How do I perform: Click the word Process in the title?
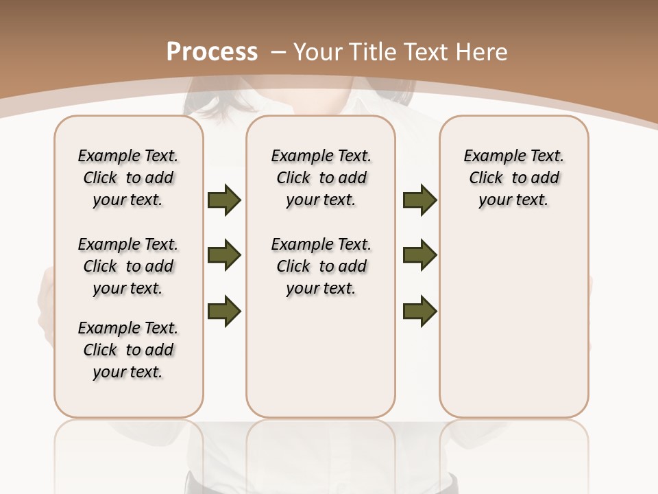212,52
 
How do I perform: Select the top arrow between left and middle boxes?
224,200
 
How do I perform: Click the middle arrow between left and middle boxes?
224,256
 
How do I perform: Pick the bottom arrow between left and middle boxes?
224,311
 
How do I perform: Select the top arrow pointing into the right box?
420,200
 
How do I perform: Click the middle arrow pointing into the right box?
420,256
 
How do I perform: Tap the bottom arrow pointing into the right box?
420,311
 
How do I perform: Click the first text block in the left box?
128,178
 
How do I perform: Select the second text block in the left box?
128,266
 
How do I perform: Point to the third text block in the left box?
128,350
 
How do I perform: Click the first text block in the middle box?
321,178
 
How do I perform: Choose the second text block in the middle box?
321,266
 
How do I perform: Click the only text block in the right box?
514,178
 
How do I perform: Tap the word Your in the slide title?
317,52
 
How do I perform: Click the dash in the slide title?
278,52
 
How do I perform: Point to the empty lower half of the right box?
514,329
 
